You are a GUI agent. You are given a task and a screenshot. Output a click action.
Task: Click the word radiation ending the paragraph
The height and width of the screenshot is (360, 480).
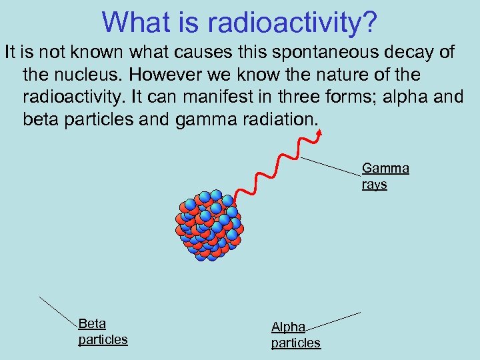(x=283, y=119)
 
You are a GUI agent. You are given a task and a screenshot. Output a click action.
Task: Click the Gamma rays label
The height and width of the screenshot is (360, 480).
(x=385, y=177)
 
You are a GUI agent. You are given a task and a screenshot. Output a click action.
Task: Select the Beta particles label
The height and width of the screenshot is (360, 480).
(x=102, y=332)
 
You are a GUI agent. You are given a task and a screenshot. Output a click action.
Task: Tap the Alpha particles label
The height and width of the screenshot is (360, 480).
(x=295, y=335)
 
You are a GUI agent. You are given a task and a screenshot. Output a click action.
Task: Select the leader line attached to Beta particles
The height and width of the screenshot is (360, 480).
(x=59, y=311)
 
